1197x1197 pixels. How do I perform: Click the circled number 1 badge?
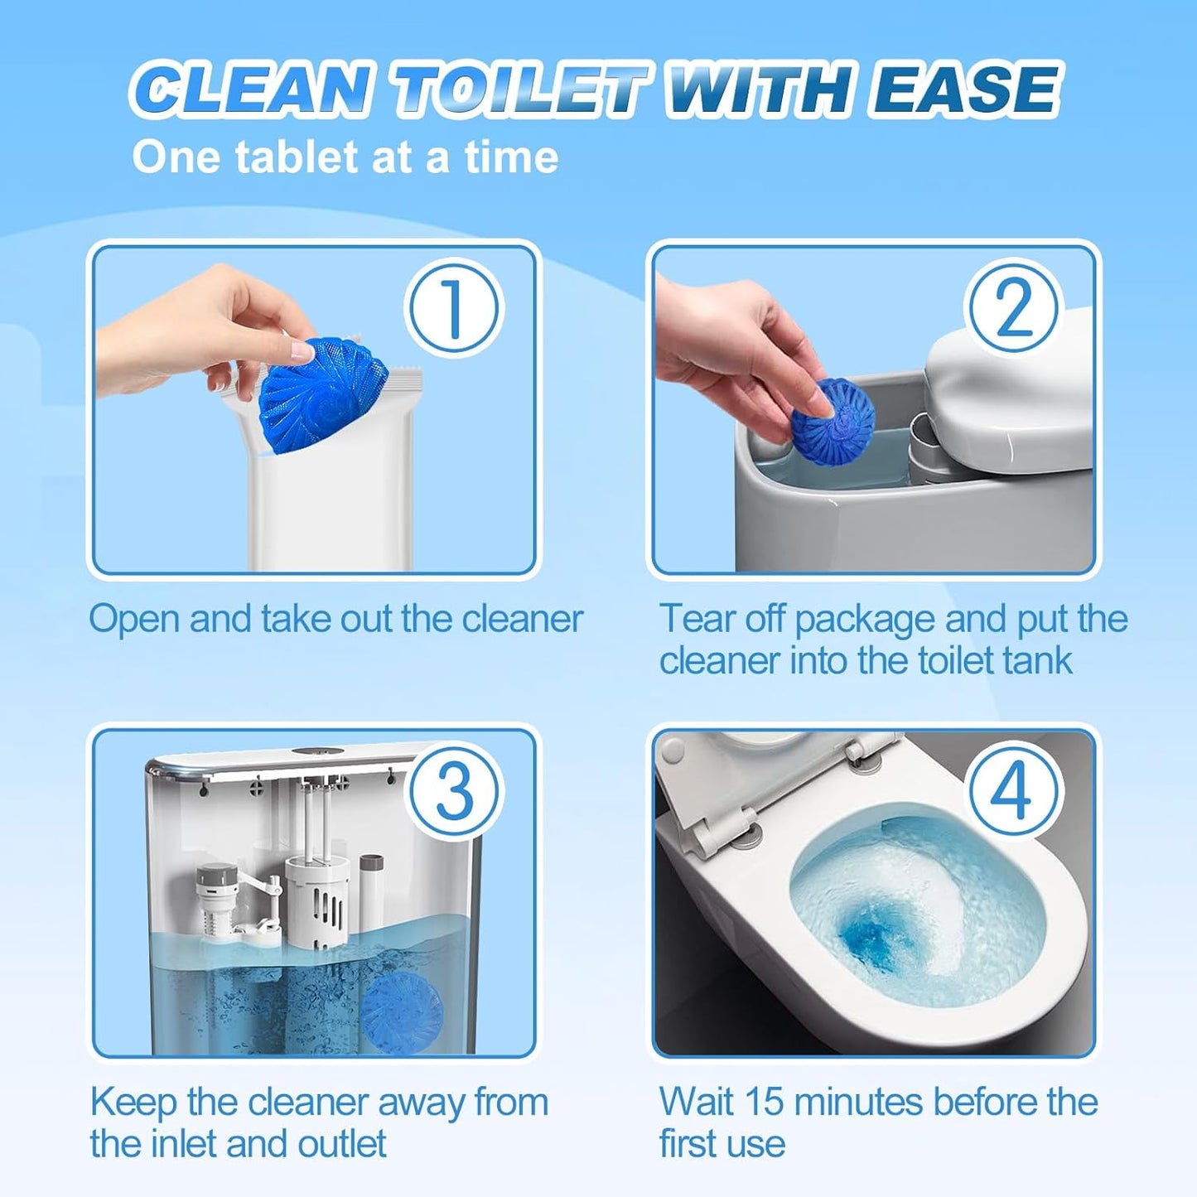[453, 308]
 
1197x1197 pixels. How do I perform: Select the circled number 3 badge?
[454, 790]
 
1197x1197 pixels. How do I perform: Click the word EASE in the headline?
[965, 89]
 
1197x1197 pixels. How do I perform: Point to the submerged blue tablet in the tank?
[403, 1007]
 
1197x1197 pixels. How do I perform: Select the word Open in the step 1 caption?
[134, 620]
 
